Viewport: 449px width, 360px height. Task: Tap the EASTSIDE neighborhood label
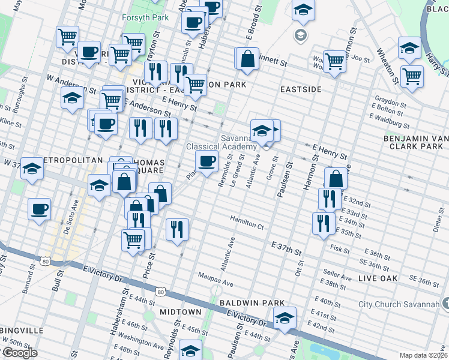click(301, 89)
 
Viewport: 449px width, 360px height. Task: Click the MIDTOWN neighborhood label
click(181, 313)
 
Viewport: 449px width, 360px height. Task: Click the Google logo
click(20, 353)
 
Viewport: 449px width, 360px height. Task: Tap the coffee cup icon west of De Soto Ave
click(40, 209)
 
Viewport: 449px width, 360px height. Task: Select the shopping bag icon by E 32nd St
click(336, 178)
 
